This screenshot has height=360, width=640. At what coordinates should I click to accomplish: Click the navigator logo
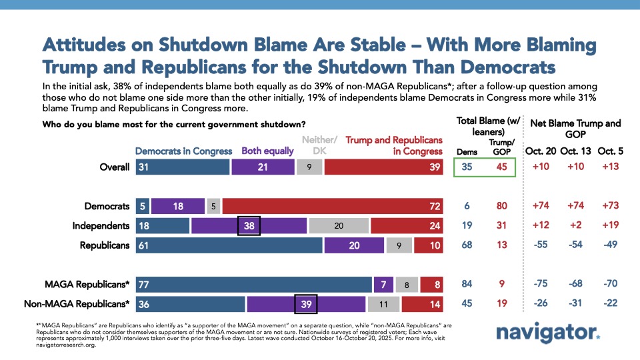click(x=548, y=333)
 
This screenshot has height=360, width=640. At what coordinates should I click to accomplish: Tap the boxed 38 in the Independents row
click(x=249, y=226)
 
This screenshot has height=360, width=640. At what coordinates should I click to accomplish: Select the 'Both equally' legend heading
click(x=267, y=151)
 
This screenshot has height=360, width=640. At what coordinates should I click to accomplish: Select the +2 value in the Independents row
click(x=575, y=226)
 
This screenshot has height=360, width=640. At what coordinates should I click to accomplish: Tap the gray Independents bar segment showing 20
click(x=339, y=226)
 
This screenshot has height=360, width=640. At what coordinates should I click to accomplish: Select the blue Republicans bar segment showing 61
click(x=229, y=245)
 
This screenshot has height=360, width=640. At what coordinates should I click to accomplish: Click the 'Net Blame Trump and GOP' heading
click(x=575, y=129)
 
